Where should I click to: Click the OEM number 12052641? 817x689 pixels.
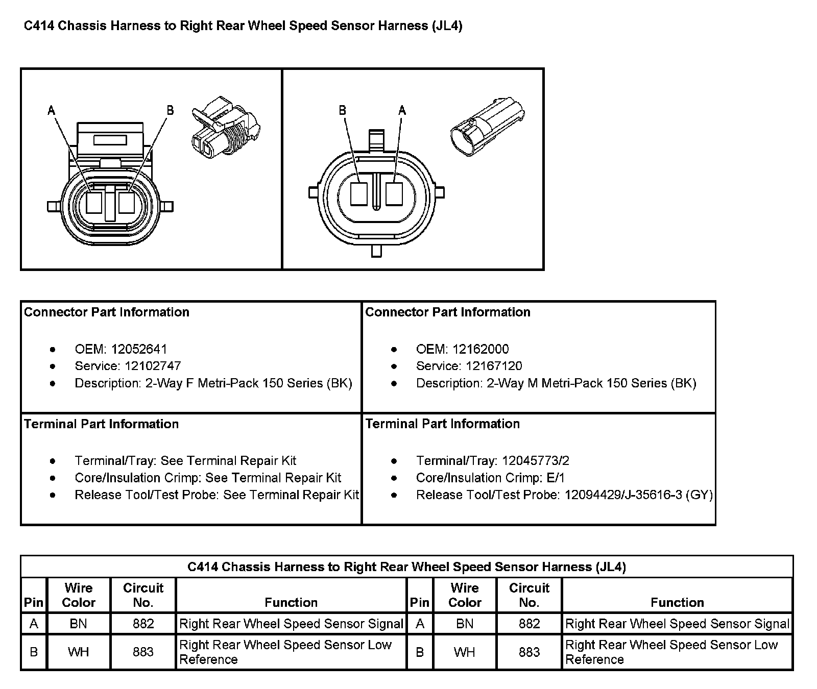pyautogui.click(x=139, y=349)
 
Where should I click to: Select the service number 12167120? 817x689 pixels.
pyautogui.click(x=494, y=366)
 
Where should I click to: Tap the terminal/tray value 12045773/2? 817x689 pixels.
pyautogui.click(x=536, y=461)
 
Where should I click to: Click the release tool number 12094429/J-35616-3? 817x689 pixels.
pyautogui.click(x=623, y=495)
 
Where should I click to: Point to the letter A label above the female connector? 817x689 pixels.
pyautogui.click(x=52, y=110)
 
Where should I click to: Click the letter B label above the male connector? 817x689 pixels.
pyautogui.click(x=342, y=110)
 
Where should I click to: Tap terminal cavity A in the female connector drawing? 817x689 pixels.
pyautogui.click(x=94, y=202)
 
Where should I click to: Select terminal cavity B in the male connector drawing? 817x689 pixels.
pyautogui.click(x=359, y=194)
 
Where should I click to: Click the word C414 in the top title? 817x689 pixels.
pyautogui.click(x=39, y=26)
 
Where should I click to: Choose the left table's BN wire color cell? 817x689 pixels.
pyautogui.click(x=78, y=624)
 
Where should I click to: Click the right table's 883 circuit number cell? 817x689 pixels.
pyautogui.click(x=529, y=652)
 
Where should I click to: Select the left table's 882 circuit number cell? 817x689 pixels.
pyautogui.click(x=143, y=624)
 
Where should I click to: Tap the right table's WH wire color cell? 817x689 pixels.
pyautogui.click(x=464, y=652)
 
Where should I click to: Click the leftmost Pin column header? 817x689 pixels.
pyautogui.click(x=34, y=603)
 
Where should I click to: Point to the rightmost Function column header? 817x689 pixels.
pyautogui.click(x=677, y=603)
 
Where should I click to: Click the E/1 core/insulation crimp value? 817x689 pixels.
pyautogui.click(x=555, y=478)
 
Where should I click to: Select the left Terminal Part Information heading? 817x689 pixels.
pyautogui.click(x=102, y=424)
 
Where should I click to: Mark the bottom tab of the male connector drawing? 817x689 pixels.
pyautogui.click(x=377, y=251)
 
